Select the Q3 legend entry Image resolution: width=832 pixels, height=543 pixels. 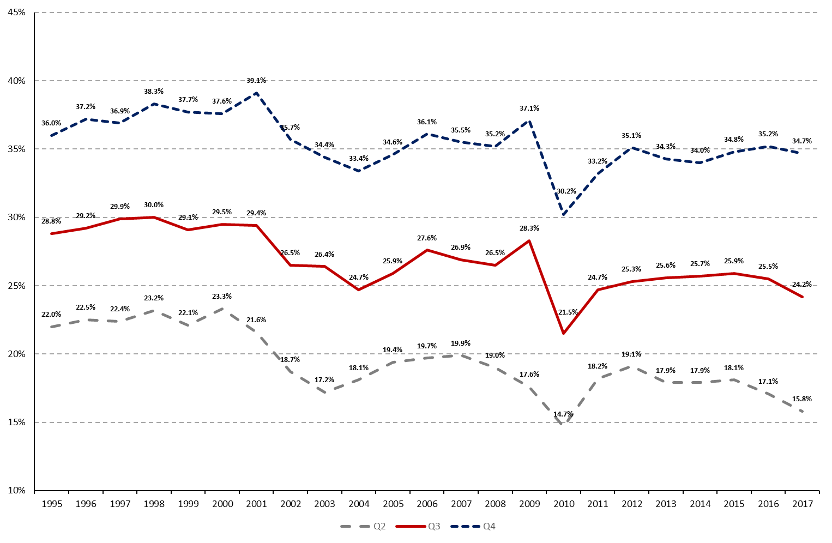pos(418,526)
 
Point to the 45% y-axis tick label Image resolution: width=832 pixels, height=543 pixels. pos(17,13)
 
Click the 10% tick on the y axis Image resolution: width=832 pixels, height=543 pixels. pos(17,491)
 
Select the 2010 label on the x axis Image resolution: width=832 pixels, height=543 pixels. pos(564,504)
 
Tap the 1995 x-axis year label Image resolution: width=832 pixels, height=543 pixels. pos(52,504)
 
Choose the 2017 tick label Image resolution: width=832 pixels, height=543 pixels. pos(802,504)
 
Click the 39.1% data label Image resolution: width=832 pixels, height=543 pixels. pos(256,81)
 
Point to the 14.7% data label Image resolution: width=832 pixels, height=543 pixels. pos(563,414)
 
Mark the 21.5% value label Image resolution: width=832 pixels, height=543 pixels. pos(568,312)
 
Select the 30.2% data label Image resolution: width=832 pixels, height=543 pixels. pos(566,191)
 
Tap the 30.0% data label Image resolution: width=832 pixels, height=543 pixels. pos(154,205)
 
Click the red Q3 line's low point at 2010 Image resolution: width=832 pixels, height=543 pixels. pos(563,333)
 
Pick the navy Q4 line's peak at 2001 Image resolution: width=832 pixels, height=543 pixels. pos(256,93)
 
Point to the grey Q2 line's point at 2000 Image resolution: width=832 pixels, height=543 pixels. pos(222,309)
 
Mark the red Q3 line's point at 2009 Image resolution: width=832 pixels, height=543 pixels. pos(529,240)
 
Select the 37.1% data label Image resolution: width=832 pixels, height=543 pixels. pos(529,108)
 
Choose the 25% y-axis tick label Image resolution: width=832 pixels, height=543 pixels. pos(17,286)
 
